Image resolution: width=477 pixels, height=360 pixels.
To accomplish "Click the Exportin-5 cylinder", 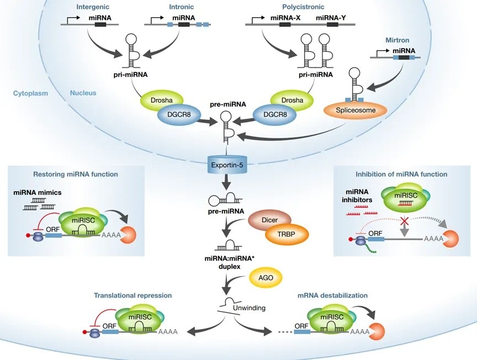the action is coord(227,165).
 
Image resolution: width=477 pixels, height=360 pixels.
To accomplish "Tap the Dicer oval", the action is coord(269,220).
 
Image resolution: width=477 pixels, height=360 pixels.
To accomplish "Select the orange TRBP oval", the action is coord(287,234).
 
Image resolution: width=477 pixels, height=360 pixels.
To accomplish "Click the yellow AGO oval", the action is coord(266,278).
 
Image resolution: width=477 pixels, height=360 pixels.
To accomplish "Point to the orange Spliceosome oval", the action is coord(356,110).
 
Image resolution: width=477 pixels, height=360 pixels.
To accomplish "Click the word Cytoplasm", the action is coord(30,93).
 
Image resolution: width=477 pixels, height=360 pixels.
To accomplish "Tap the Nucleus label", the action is coord(83,93).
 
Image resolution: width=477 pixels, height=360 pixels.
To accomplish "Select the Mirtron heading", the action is coord(397,40).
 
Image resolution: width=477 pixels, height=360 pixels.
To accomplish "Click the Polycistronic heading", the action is coord(303,7).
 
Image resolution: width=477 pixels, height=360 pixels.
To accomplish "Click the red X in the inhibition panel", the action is coord(404,220).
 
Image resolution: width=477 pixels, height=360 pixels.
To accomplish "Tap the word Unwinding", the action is coord(249,308).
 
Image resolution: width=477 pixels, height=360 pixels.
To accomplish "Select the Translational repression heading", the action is coord(133,295).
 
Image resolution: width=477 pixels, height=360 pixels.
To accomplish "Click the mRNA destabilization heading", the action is coord(332,295).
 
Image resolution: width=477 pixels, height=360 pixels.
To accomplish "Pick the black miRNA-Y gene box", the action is coord(332,24).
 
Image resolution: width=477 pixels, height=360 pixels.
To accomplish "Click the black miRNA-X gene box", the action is coord(285,24).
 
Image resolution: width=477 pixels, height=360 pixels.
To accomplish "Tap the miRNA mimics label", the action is coord(38,192).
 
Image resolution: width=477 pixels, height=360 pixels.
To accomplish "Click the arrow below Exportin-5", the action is coord(227,182).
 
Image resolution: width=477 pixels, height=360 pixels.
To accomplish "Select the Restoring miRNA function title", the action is coord(76,174).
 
